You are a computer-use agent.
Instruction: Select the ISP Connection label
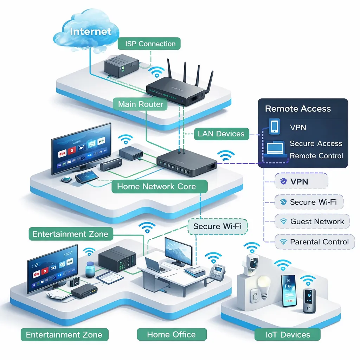point(150,44)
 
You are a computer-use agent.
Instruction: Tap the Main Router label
point(141,104)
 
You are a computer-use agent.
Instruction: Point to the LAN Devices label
point(221,134)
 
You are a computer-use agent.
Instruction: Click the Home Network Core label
point(156,186)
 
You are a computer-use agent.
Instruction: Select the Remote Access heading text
point(298,109)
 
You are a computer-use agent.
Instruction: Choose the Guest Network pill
point(312,222)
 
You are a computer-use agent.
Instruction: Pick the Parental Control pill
point(315,242)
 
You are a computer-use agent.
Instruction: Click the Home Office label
point(171,334)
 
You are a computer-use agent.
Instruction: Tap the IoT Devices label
point(288,334)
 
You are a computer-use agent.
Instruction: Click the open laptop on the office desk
point(157,265)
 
